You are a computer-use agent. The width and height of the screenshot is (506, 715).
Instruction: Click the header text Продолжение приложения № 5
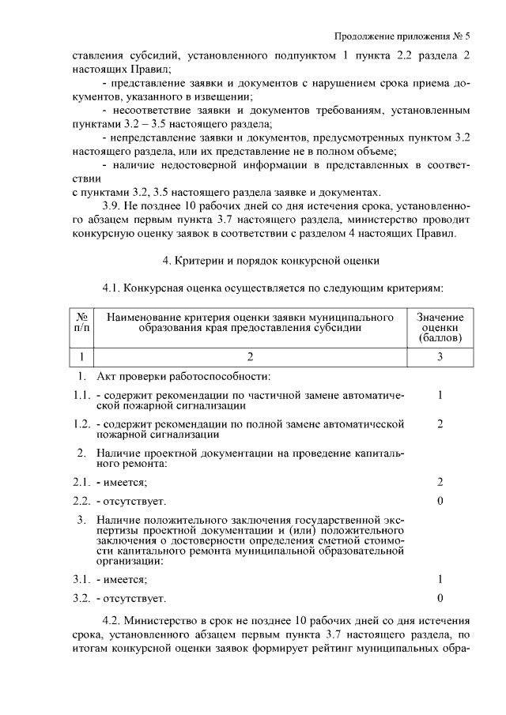(x=402, y=36)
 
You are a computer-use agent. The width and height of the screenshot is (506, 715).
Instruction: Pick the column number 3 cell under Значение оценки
(x=440, y=357)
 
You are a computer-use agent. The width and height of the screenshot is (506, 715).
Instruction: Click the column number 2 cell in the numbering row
(x=250, y=357)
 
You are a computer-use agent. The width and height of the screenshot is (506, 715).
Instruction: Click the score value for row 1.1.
(x=440, y=394)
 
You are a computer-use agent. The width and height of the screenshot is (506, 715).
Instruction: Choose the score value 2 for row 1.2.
(x=440, y=424)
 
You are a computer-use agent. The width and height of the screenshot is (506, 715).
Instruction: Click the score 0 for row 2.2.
(x=440, y=501)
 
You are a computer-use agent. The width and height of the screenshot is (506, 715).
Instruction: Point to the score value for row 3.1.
(x=440, y=578)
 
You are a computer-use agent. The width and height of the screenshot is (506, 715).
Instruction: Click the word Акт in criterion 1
(x=107, y=375)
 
